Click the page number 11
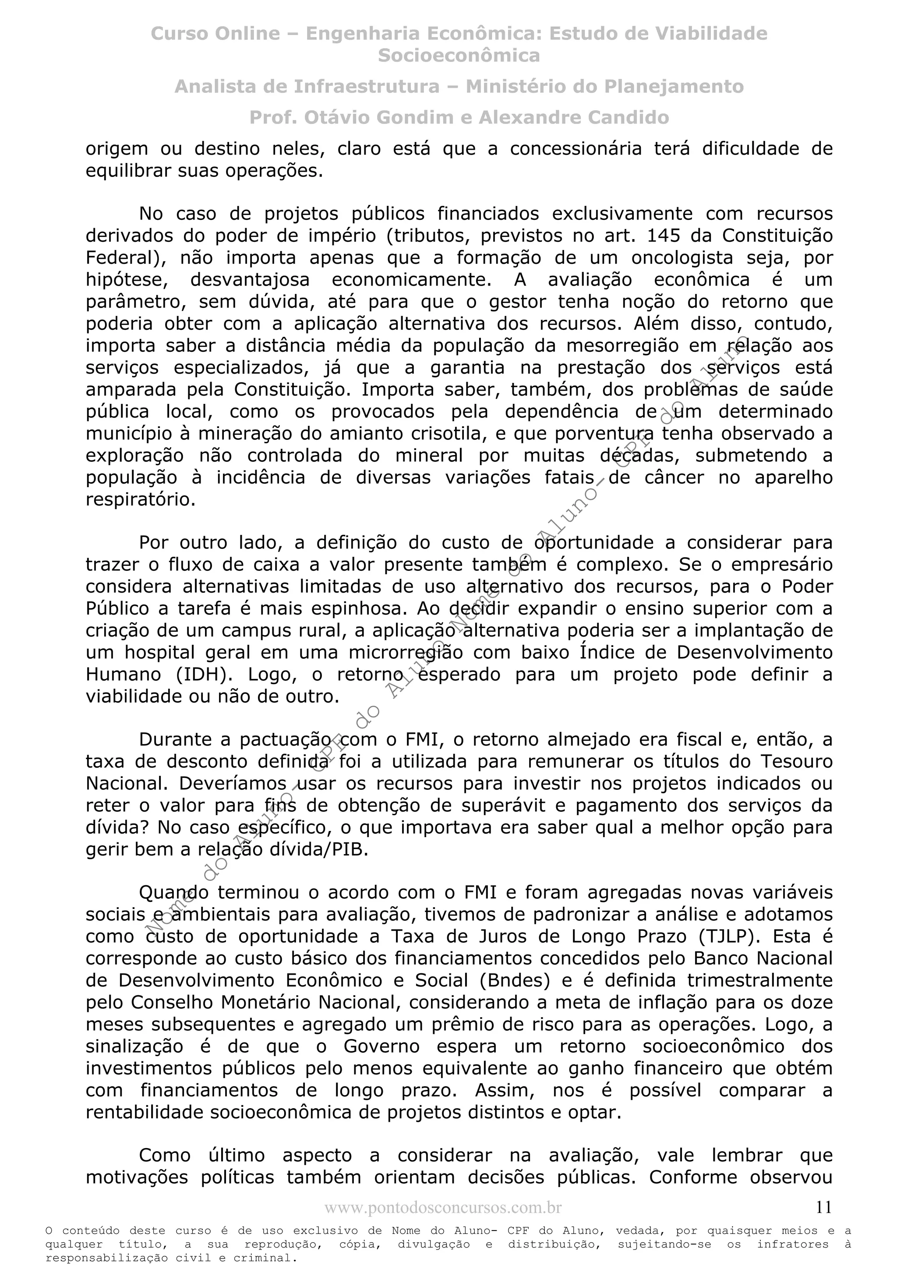coord(823,1207)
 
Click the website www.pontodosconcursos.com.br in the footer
coord(443,1208)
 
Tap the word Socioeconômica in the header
coord(459,55)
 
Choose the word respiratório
coord(141,500)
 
